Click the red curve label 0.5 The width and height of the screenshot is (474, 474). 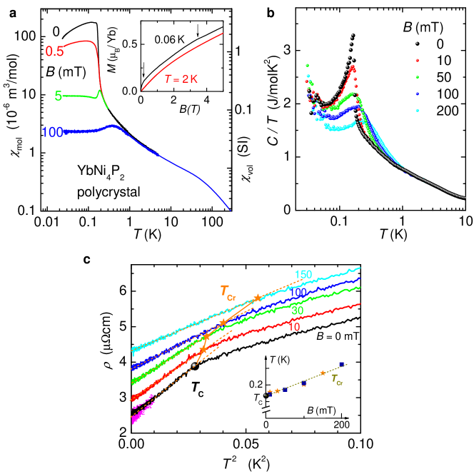point(55,51)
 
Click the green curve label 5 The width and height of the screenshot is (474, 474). point(58,96)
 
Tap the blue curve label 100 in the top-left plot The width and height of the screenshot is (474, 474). point(53,132)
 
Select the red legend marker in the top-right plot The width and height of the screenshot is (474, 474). point(417,61)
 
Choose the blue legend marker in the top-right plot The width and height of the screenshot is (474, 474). point(417,94)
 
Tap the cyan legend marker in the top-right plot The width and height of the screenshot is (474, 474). point(417,111)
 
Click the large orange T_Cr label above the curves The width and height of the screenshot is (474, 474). point(227,291)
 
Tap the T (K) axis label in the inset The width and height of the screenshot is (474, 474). point(279,360)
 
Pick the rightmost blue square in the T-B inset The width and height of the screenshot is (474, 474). point(342,365)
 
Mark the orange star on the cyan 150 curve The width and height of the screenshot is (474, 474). point(257,297)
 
